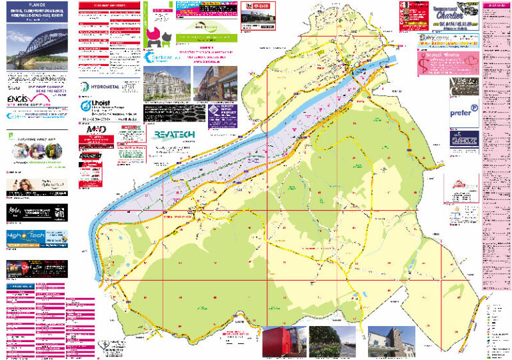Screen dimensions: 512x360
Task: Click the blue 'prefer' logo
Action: [464, 112]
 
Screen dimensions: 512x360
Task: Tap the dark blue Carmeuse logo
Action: [464, 141]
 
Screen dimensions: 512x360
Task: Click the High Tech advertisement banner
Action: [37, 238]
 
